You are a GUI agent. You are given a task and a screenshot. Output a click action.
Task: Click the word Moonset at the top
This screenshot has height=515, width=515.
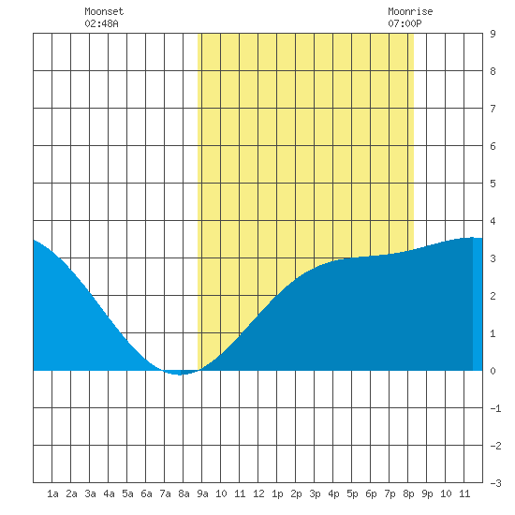(x=104, y=11)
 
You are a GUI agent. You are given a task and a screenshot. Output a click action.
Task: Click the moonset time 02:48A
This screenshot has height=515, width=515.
(x=101, y=23)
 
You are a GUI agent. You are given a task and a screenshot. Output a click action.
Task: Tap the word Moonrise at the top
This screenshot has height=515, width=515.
(x=410, y=11)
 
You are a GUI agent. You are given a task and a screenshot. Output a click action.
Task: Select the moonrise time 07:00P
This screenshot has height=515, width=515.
(x=405, y=23)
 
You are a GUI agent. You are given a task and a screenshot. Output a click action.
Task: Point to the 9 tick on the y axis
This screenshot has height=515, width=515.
(x=493, y=34)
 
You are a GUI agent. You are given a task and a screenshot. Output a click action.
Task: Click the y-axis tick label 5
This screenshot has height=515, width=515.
(x=493, y=184)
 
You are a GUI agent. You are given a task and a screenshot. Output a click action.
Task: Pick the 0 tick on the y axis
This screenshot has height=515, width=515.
(x=493, y=371)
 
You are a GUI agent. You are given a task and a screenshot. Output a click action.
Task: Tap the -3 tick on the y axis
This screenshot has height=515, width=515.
(x=495, y=483)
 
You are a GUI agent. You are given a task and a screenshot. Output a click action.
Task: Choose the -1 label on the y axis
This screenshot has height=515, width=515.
(x=495, y=408)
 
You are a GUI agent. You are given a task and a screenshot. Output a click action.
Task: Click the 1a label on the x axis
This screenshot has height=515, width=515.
(x=52, y=493)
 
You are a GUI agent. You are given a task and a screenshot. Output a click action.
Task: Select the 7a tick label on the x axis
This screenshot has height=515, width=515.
(x=165, y=493)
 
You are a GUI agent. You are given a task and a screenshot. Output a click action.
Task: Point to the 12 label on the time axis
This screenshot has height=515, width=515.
(x=258, y=493)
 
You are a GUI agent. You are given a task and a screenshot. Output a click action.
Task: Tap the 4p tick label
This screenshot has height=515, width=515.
(x=333, y=493)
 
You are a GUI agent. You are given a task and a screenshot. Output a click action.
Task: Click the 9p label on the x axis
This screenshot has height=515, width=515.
(x=427, y=493)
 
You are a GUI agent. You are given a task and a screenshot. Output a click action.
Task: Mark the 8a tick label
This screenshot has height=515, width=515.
(x=184, y=493)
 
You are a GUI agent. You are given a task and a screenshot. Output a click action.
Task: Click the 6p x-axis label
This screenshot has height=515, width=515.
(x=371, y=493)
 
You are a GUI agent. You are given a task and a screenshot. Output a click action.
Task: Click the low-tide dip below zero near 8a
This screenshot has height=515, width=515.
(x=180, y=373)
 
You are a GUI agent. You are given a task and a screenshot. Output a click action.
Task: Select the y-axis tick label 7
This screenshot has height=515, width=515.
(x=493, y=109)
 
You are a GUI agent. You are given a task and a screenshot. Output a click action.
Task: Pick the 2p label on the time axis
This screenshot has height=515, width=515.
(x=296, y=493)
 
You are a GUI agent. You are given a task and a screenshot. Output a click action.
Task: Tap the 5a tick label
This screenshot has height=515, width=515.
(x=127, y=493)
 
